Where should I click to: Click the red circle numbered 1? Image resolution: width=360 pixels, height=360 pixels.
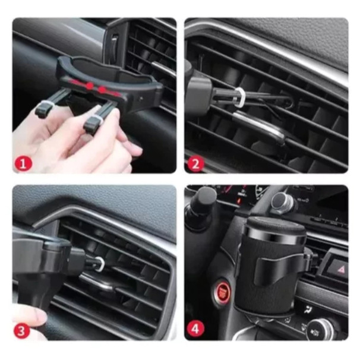click(23, 164)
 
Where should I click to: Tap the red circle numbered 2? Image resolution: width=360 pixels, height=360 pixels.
click(195, 163)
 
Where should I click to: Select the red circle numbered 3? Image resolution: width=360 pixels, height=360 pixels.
click(21, 331)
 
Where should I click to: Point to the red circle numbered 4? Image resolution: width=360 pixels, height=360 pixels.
click(195, 329)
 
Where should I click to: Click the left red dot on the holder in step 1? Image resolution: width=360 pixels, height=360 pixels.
click(90, 86)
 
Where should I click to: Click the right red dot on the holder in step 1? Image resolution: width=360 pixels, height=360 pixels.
click(102, 90)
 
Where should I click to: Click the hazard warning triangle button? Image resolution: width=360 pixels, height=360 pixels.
click(339, 269)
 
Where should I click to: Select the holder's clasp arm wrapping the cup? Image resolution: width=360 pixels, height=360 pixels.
click(280, 267)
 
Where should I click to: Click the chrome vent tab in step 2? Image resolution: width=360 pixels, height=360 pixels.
click(258, 127)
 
